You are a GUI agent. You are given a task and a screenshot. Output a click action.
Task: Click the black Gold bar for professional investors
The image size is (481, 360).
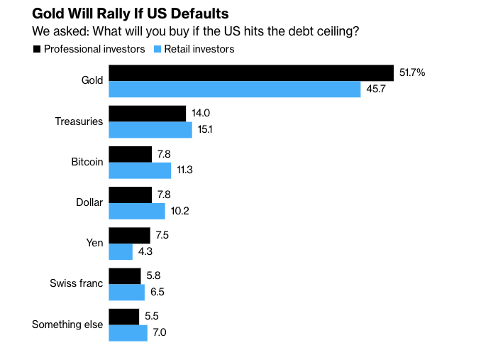pyautogui.click(x=250, y=73)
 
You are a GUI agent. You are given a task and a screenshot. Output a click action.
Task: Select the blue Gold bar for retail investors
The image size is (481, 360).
pyautogui.click(x=234, y=89)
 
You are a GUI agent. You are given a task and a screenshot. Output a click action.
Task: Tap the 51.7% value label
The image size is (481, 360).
pyautogui.click(x=412, y=73)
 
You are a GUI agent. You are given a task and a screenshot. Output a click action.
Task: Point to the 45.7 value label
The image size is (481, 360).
pyautogui.click(x=376, y=89)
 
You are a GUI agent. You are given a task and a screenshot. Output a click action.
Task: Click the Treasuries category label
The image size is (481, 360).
pyautogui.click(x=79, y=121)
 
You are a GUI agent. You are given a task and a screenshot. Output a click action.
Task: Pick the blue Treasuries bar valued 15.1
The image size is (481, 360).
pyautogui.click(x=150, y=130)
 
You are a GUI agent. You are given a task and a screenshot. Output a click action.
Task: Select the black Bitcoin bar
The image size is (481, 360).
pyautogui.click(x=130, y=154)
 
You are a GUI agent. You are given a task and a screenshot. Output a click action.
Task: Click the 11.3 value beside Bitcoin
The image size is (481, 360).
pyautogui.click(x=186, y=170)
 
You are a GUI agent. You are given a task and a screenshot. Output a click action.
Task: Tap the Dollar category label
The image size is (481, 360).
pyautogui.click(x=89, y=202)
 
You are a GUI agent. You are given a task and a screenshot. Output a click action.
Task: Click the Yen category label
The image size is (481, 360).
pyautogui.click(x=95, y=243)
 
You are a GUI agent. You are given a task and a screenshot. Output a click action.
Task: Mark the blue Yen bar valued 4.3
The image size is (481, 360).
pyautogui.click(x=120, y=251)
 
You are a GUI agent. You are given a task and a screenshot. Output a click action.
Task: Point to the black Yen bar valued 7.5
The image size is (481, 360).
pyautogui.click(x=129, y=235)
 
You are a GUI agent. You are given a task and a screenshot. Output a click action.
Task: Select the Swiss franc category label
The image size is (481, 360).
pyautogui.click(x=76, y=283)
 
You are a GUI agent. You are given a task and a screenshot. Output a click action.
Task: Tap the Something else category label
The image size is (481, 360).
pyautogui.click(x=67, y=324)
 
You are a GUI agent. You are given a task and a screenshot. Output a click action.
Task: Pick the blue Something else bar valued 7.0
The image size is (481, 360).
pyautogui.click(x=128, y=332)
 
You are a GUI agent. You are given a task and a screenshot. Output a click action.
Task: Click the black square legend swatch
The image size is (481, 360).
pyautogui.click(x=36, y=49)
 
